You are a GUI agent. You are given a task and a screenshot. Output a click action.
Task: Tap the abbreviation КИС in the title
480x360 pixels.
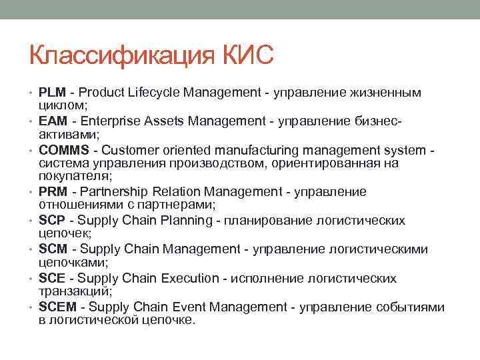click(x=244, y=55)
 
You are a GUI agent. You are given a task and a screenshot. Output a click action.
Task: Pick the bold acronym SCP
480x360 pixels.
click(x=52, y=221)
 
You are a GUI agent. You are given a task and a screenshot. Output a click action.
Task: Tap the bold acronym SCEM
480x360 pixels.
click(x=58, y=307)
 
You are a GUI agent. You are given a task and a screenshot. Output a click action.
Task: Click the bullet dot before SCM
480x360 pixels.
click(x=32, y=250)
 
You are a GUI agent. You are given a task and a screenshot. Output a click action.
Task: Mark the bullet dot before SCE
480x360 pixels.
click(x=32, y=279)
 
